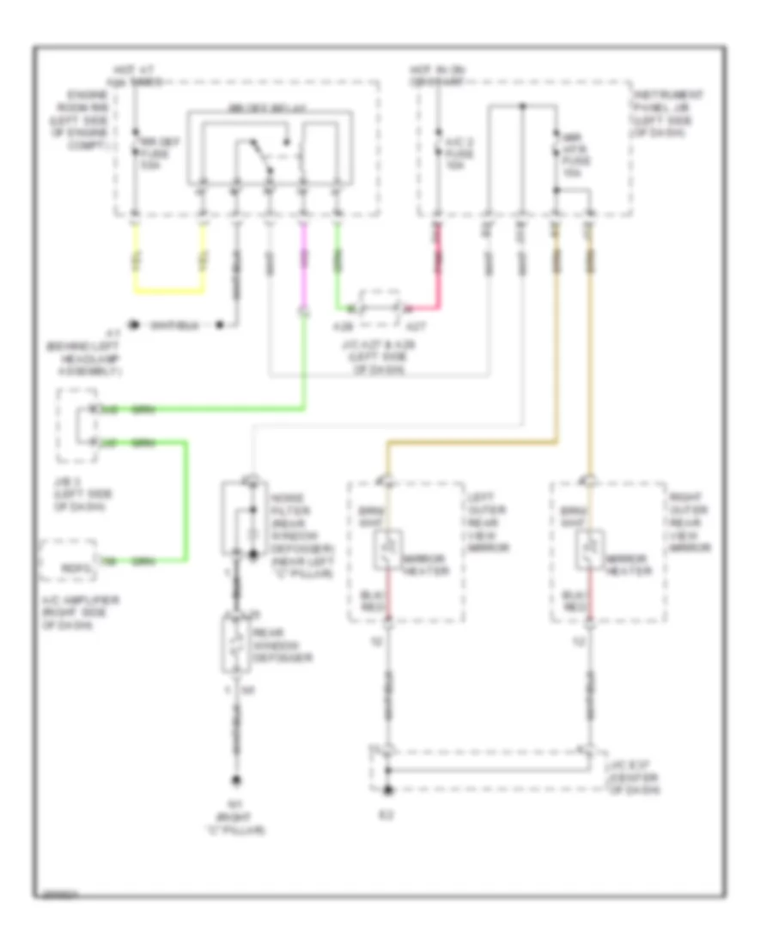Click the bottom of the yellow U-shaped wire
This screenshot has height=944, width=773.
(x=169, y=292)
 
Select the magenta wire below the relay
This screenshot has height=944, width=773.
(x=302, y=266)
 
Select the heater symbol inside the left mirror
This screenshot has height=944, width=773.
(x=387, y=550)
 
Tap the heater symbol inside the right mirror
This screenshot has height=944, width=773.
(x=590, y=550)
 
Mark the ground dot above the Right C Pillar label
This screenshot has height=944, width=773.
(x=234, y=780)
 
